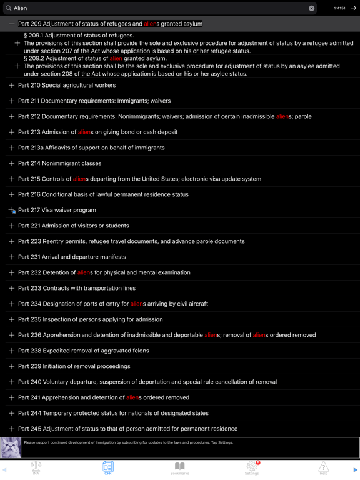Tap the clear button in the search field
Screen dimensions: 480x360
coord(311,8)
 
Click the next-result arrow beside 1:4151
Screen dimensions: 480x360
coord(354,8)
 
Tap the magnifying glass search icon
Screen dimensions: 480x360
coord(8,8)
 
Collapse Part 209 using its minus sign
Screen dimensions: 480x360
coord(11,24)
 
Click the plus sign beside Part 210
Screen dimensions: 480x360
coord(11,85)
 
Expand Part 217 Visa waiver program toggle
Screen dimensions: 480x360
coord(11,211)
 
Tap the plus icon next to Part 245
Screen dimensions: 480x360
coord(11,429)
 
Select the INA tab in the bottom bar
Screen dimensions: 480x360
coord(36,468)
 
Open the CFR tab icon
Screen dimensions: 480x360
coord(108,468)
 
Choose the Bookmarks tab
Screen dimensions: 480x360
coord(180,468)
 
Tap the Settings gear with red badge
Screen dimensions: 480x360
coord(252,467)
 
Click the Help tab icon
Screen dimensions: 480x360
coord(323,468)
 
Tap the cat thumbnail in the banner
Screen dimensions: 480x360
coord(11,447)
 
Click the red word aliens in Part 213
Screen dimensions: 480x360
coord(85,132)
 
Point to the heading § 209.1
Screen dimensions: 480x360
coord(79,36)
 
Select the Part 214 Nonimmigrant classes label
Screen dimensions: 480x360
coord(59,163)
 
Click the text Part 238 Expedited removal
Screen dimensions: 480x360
coord(83,351)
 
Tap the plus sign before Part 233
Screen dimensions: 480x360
coord(11,288)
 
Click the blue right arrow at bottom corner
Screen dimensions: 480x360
coord(355,469)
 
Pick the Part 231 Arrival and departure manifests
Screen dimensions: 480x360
coord(72,257)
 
